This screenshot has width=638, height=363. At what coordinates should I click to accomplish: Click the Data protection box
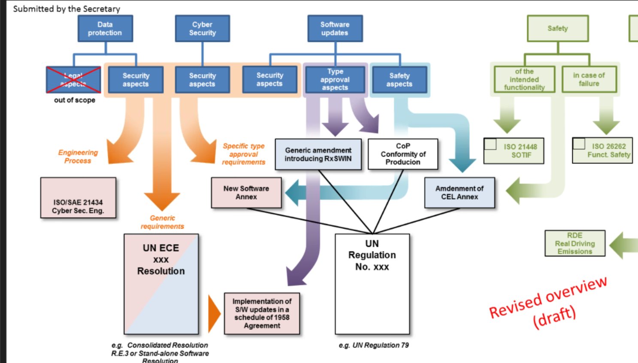(105, 29)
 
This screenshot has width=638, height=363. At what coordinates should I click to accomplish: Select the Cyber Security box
(203, 29)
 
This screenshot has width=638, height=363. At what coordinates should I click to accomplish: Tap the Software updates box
(335, 29)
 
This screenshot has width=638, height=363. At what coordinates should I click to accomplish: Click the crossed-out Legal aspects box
(73, 80)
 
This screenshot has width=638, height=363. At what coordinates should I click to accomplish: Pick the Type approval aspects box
(335, 80)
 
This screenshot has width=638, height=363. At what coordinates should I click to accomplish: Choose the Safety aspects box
(399, 80)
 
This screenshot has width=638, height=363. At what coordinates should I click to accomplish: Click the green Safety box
(557, 29)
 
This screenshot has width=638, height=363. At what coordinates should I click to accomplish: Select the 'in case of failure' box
(589, 79)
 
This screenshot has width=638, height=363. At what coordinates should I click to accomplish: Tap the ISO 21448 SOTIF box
(514, 151)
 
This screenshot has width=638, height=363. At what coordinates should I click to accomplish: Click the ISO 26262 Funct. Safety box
(602, 151)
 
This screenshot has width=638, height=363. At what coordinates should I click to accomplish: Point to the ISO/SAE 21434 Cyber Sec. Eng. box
(78, 198)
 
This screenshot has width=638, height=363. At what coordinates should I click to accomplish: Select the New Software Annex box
(246, 193)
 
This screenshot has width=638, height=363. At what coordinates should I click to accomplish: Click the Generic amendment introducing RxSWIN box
(318, 154)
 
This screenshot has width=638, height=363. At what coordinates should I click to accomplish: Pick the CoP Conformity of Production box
(403, 154)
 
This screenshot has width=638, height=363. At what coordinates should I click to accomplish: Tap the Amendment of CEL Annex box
(460, 193)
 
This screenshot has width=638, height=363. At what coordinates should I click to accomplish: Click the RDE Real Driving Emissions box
(575, 243)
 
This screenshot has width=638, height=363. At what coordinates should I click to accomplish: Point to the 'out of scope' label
(75, 100)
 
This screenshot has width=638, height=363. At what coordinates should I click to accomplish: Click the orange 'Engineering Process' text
(78, 157)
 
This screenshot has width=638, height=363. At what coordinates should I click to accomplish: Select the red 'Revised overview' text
(548, 297)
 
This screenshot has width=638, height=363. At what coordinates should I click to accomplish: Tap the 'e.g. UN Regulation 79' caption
(374, 345)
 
